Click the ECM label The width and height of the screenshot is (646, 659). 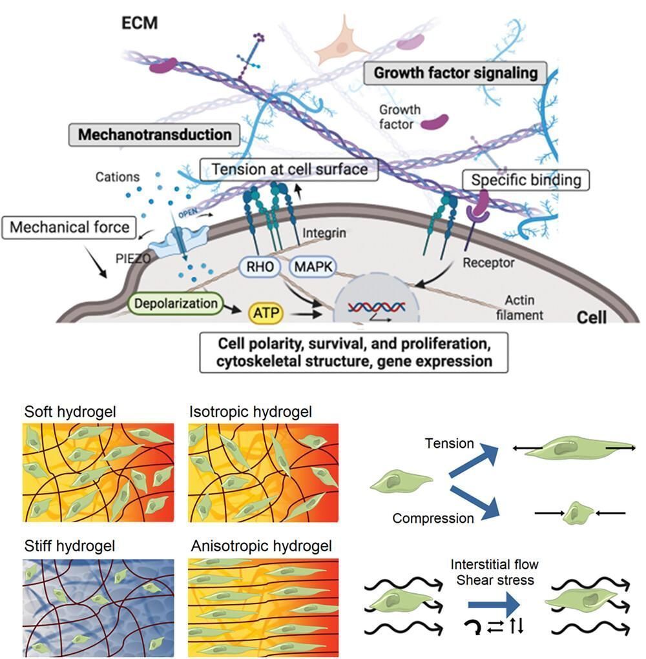coord(139,23)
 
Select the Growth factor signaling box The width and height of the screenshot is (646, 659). coord(455,73)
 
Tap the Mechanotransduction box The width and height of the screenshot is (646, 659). coord(154,134)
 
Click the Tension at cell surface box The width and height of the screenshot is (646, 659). coord(289,169)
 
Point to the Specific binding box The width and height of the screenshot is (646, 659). coord(526,180)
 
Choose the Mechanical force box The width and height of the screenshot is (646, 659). coord(69,227)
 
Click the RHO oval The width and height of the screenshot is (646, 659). coord(260,267)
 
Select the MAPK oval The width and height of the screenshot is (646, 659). coord(313,267)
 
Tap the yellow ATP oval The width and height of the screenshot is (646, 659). coord(266,313)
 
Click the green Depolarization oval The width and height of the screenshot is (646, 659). coord(175,303)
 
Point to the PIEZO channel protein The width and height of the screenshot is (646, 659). coord(180,240)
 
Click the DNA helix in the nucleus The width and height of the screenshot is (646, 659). coord(377,308)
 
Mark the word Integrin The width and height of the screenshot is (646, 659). coord(324,232)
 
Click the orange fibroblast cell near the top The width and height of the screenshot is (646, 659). coord(341,43)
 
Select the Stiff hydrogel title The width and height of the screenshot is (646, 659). coord(69,546)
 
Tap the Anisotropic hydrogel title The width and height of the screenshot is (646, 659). coord(261,546)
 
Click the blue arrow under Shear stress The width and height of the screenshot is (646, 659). coord(494,605)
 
